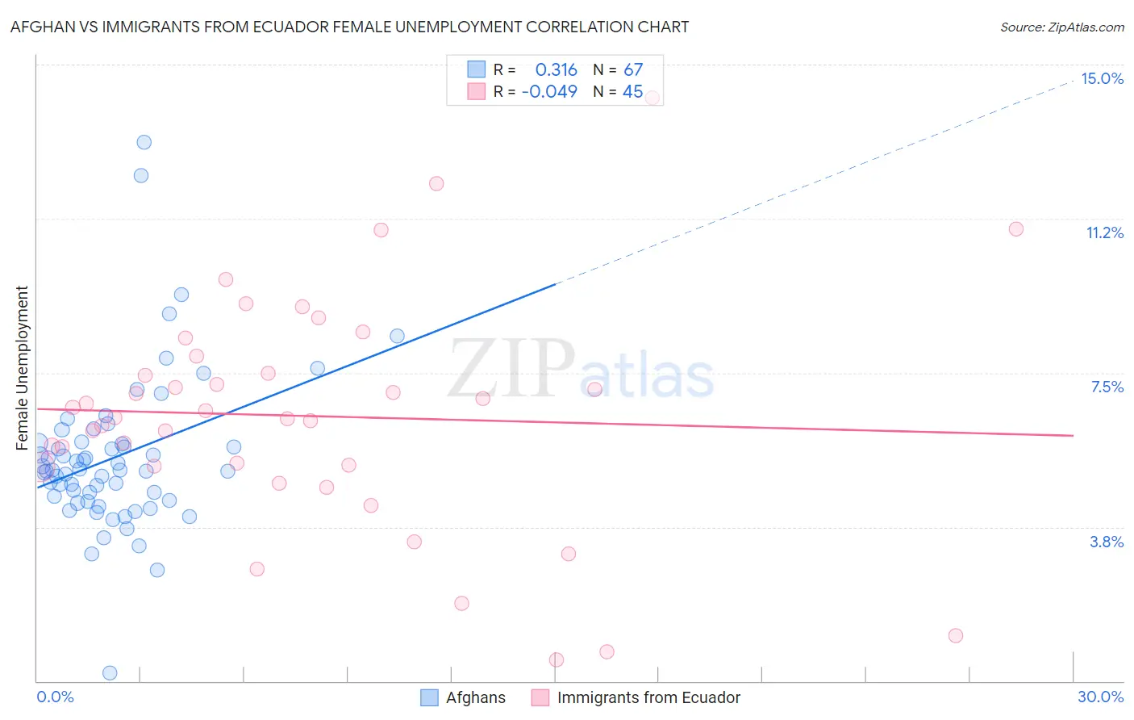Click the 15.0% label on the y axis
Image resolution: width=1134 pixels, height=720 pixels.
click(x=1102, y=78)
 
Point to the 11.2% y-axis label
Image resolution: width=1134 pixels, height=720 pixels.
click(x=1104, y=232)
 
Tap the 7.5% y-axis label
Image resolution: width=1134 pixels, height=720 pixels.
click(x=1107, y=387)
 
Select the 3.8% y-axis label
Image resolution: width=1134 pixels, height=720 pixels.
click(x=1107, y=542)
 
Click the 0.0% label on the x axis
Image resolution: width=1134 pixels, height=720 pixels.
click(x=55, y=697)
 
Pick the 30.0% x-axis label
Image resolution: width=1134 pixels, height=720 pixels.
click(x=1100, y=697)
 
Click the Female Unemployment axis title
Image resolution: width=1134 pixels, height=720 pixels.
click(x=22, y=367)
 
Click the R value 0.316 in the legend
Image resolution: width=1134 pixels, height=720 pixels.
click(x=556, y=69)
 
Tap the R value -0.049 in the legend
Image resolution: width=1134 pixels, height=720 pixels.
click(x=549, y=91)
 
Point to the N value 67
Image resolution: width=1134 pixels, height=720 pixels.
click(x=633, y=69)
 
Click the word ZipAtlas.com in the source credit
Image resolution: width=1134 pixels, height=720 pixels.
click(x=1085, y=27)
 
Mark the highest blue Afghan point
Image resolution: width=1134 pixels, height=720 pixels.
click(x=144, y=142)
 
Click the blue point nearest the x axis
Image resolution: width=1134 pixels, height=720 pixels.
click(x=110, y=673)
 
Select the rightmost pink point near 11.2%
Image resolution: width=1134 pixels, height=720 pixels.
click(x=1016, y=229)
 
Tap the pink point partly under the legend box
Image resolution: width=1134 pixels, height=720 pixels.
click(x=652, y=98)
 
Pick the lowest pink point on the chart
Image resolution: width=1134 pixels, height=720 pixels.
click(x=557, y=659)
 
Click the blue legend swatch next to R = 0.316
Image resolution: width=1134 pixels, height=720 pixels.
click(x=476, y=69)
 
